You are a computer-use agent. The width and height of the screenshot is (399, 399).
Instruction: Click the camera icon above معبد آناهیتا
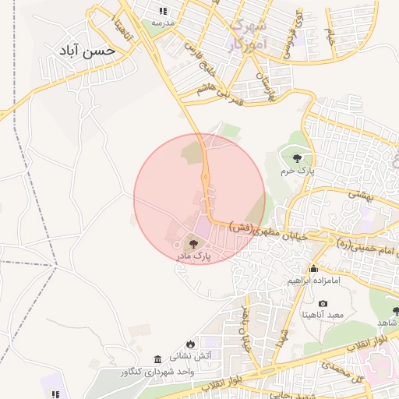323,303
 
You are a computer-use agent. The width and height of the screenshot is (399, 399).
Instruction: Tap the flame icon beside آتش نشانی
190,344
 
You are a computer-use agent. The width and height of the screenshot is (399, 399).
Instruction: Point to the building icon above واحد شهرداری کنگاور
158,359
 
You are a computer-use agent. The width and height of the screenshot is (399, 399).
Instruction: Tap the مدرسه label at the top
163,23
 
